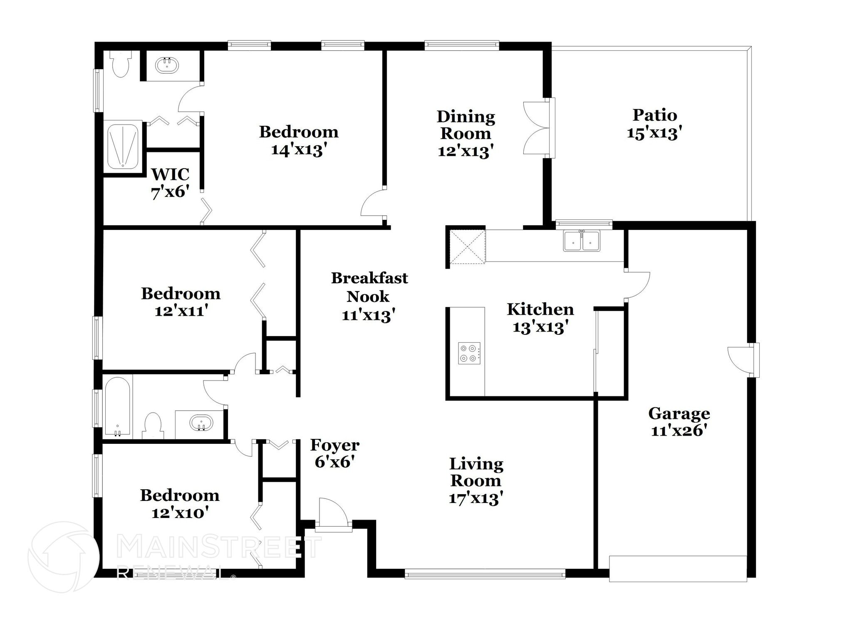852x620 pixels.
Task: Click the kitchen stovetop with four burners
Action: pyautogui.click(x=469, y=353)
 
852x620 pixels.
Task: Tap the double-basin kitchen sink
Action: pyautogui.click(x=582, y=241)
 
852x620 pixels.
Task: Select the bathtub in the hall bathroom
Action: pyautogui.click(x=117, y=407)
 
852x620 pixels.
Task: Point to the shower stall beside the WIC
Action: pyautogui.click(x=123, y=147)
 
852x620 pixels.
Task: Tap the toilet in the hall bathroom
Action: pyautogui.click(x=152, y=425)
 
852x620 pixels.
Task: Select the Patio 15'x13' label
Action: pyautogui.click(x=654, y=124)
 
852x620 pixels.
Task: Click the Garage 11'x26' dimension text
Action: pyautogui.click(x=679, y=431)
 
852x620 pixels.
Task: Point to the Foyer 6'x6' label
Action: pyautogui.click(x=334, y=453)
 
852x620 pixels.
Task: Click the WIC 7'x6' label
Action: pyautogui.click(x=170, y=183)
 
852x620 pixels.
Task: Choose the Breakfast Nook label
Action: pyautogui.click(x=369, y=287)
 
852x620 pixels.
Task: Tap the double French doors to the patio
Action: pyautogui.click(x=537, y=128)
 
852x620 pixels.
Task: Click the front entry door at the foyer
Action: pyautogui.click(x=333, y=515)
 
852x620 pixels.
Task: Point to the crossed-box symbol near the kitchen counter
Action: pyautogui.click(x=467, y=247)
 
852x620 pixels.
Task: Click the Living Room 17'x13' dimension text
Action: pyautogui.click(x=476, y=498)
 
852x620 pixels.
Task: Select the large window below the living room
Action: pyautogui.click(x=485, y=575)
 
